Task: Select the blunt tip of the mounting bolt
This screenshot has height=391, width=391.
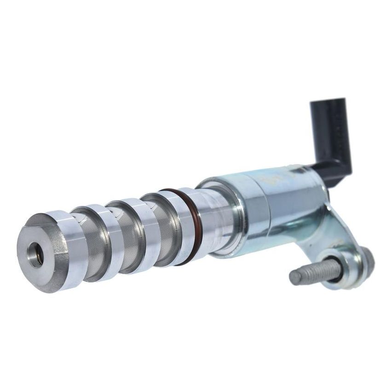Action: [294, 276]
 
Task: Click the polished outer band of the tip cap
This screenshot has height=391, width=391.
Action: [64, 248]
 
